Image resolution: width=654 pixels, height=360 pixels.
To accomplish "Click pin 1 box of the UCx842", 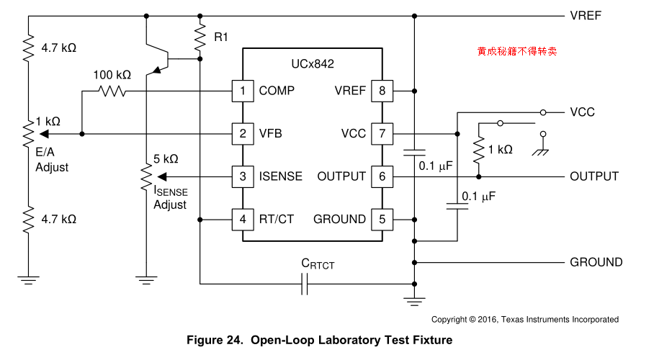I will point(243,91).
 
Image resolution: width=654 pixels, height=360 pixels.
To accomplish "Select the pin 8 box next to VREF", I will point(382,91).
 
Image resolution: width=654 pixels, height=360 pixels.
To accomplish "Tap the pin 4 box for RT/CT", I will point(243,219).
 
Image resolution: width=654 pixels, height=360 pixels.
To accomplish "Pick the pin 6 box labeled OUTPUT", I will point(382,176).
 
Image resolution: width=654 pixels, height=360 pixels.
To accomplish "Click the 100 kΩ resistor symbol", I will point(112,91).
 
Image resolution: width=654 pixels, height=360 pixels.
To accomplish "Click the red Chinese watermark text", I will point(516,52).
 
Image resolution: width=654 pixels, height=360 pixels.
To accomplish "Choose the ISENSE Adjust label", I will point(170,197).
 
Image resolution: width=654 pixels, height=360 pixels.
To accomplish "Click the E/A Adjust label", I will point(52,161).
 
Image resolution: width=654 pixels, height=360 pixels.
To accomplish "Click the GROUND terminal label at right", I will point(596,262).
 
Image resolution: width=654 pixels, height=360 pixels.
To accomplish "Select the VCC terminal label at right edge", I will point(582,112).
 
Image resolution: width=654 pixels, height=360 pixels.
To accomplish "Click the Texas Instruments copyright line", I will point(524,319).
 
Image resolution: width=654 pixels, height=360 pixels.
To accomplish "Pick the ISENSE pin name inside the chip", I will point(281,176).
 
